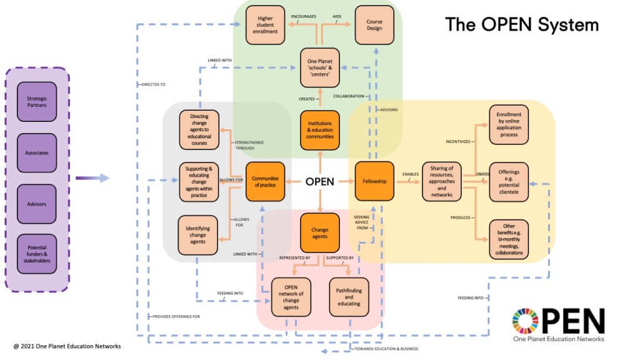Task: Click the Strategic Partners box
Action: [37, 101]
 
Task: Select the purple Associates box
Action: [37, 152]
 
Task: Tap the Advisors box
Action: [37, 203]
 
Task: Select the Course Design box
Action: [374, 25]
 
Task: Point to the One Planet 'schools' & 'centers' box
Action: [320, 67]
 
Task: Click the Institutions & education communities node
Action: [320, 131]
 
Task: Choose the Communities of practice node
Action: [265, 182]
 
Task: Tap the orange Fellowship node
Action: [374, 182]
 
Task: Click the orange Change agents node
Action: [320, 233]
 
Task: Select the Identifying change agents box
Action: [197, 236]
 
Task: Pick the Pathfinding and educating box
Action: [349, 296]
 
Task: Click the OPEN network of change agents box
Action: [291, 296]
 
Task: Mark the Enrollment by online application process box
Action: [509, 125]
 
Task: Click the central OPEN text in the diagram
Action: [319, 182]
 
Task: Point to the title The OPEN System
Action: [521, 25]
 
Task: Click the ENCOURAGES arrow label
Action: [304, 17]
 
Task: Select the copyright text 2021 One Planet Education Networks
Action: [67, 346]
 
